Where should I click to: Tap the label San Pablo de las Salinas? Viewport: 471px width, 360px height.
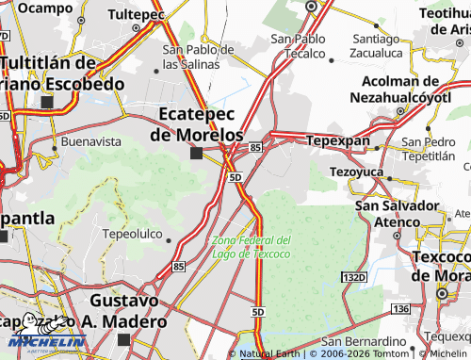(198, 57)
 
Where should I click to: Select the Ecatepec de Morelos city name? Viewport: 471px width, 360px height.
(196, 124)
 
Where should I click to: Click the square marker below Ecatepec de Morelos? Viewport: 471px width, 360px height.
(197, 154)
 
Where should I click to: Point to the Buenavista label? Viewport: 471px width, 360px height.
(91, 141)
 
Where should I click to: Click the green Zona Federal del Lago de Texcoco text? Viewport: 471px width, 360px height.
(252, 247)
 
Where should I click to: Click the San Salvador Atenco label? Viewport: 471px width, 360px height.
(398, 214)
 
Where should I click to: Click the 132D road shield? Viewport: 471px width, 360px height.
(353, 277)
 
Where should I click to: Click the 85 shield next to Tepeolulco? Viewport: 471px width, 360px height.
(179, 268)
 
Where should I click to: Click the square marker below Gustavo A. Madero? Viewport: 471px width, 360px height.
(124, 339)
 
